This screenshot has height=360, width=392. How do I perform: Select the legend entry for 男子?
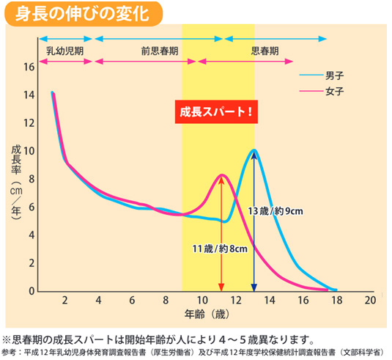(336, 76)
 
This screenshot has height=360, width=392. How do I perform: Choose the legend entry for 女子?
(336, 91)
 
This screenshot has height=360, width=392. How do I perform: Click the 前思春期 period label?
(159, 51)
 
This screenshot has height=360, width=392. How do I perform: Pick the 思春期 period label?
(265, 51)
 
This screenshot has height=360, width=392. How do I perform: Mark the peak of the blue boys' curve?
(254, 150)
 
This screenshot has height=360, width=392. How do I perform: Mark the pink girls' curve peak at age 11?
(221, 175)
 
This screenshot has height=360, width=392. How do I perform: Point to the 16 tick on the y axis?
(29, 67)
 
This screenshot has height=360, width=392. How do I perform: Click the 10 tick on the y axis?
(29, 151)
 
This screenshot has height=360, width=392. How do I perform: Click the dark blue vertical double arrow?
(254, 220)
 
